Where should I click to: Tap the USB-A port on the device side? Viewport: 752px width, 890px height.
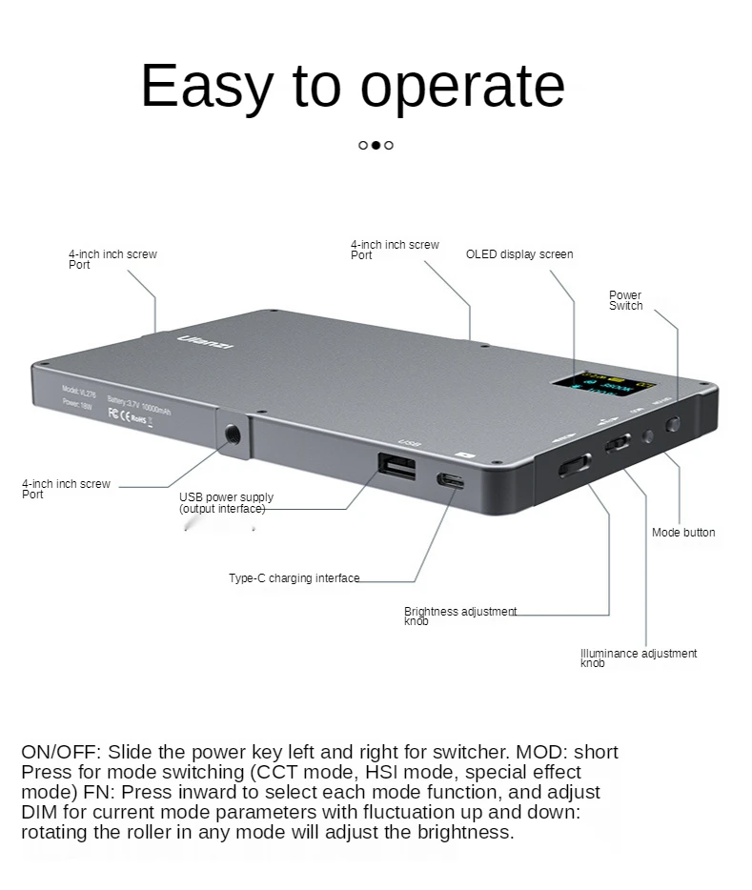coord(396,466)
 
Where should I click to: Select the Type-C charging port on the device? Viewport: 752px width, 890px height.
coord(451,480)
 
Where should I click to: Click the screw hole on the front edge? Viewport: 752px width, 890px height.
coord(232,435)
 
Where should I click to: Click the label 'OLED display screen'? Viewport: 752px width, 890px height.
coord(519,254)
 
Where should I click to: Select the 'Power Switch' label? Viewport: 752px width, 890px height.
coord(626,300)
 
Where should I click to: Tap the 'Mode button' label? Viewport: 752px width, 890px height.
coord(683,533)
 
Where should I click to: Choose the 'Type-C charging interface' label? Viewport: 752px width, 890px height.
coord(295,578)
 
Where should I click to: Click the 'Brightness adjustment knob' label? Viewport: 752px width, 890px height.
coord(460,616)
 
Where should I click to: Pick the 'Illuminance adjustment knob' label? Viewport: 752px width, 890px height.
coord(639,657)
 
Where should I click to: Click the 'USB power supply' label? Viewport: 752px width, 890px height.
coord(226,497)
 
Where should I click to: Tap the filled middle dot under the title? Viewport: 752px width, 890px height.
coord(376,145)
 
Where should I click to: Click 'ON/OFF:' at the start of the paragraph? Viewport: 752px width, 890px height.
coord(59,752)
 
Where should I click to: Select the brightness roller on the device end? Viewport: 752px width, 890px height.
coord(575,464)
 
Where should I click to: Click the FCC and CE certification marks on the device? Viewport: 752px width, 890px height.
coord(128,415)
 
